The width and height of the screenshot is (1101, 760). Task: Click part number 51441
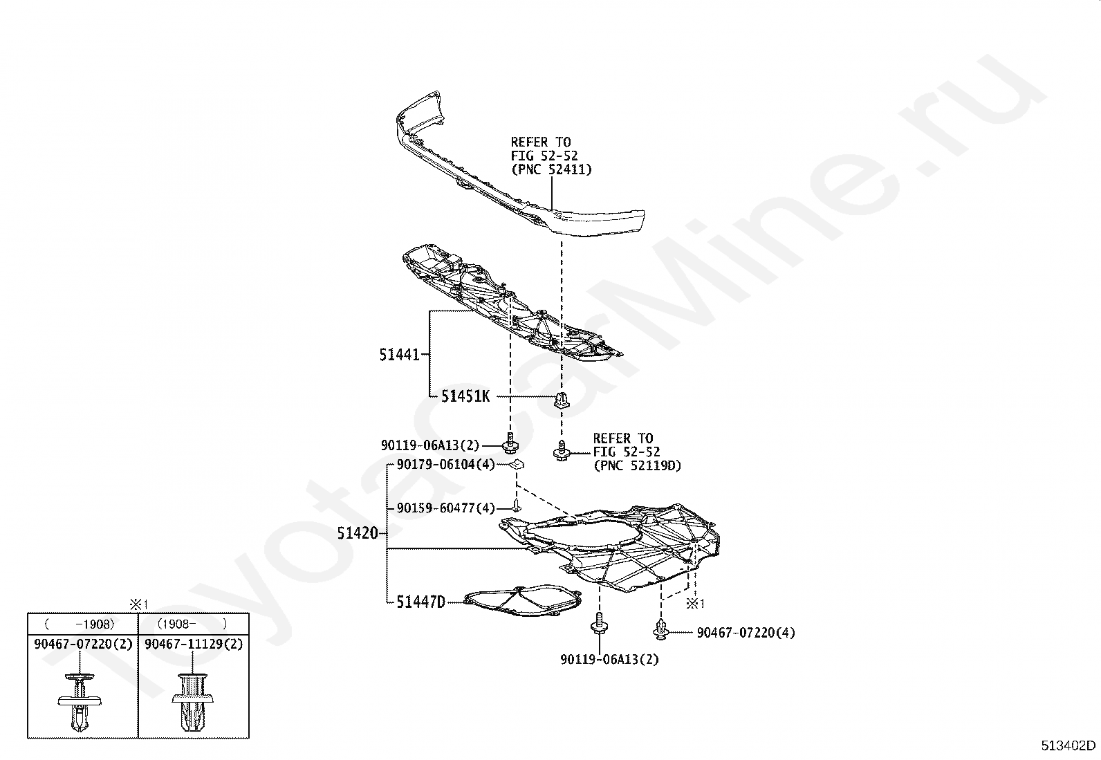399,355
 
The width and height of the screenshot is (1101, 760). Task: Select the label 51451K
465,396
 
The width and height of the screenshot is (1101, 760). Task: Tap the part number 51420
358,533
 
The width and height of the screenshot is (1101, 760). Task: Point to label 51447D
420,602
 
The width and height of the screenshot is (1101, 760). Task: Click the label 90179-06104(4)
445,465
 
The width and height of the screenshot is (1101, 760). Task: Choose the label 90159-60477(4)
446,508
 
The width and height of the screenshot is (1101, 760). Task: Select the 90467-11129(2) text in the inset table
194,644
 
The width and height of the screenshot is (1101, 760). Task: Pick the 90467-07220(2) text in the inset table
82,644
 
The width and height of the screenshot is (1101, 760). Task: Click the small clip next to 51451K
561,400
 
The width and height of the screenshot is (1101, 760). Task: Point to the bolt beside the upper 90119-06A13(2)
511,443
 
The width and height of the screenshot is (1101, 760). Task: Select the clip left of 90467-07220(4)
661,629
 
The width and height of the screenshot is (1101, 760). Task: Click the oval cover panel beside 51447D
522,602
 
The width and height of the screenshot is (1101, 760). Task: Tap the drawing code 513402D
1068,745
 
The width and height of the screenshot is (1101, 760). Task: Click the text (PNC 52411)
551,169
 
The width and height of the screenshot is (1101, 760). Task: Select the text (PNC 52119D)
636,465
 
